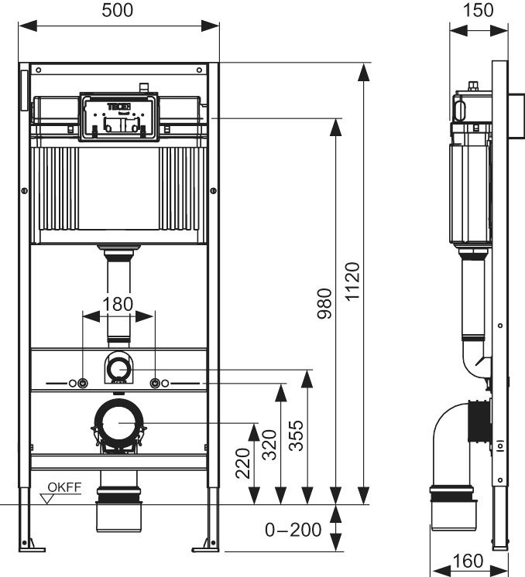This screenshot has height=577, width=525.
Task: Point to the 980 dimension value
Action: coord(324,303)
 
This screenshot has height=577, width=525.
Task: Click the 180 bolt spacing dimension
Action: coord(118,304)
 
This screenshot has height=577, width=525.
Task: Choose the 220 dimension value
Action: coord(243,463)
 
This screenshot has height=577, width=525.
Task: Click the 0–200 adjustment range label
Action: coord(293,531)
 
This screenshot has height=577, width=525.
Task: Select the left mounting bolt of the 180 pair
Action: coord(82,384)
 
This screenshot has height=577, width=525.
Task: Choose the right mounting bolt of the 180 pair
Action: coord(155,384)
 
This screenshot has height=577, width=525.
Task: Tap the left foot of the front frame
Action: coord(27,545)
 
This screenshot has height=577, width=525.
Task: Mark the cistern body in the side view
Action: coord(469,189)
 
